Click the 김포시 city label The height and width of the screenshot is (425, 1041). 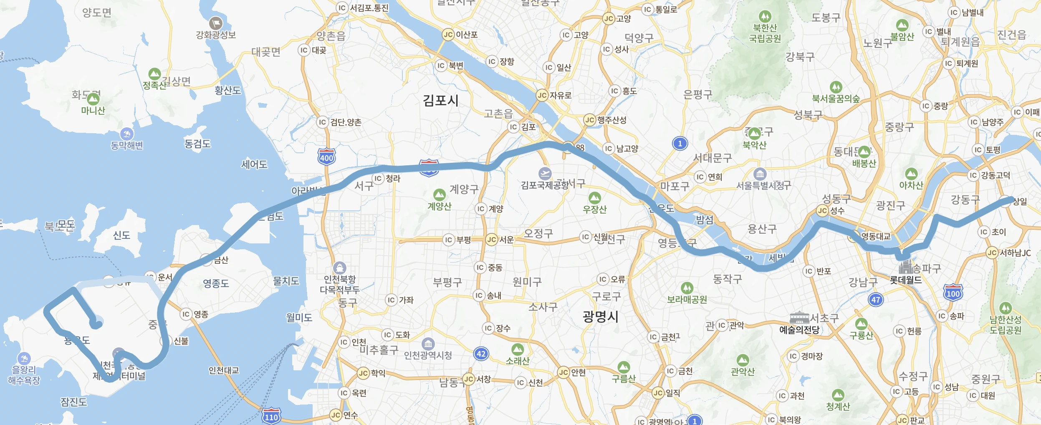point(440,101)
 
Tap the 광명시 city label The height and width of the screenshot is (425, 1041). point(600,316)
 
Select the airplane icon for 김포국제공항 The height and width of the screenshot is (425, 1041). point(545,173)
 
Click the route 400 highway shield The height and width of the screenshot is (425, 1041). point(326,157)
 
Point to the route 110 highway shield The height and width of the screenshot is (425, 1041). point(271,416)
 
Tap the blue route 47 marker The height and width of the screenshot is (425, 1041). point(876,299)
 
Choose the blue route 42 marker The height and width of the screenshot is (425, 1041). point(481,354)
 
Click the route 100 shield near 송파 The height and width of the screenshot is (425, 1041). point(953,293)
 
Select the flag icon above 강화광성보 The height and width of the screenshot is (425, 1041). point(215,23)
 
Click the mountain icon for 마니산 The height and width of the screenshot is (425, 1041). point(93,99)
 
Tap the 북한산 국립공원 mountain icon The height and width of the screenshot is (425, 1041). point(765,16)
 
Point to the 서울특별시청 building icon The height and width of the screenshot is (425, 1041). point(760,174)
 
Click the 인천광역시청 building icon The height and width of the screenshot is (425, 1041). point(428,344)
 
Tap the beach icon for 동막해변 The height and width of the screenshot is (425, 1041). point(126,134)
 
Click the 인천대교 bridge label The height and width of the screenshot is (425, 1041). point(224,370)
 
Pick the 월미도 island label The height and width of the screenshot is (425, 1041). point(299,318)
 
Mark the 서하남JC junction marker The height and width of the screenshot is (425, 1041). point(992,253)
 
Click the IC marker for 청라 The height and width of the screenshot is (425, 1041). point(378,179)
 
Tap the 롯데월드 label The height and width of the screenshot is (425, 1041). point(906,280)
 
